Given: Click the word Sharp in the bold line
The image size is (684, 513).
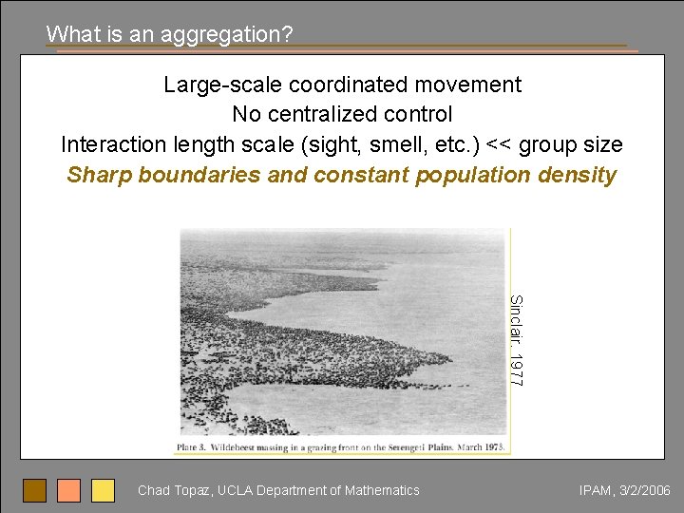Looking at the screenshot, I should tap(98, 176).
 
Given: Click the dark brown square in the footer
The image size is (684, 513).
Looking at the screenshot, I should tap(35, 490).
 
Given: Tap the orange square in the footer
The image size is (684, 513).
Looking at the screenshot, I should tap(69, 490).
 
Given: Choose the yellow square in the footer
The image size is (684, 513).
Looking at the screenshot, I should tap(104, 490).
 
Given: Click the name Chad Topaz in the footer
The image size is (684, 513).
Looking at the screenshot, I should tap(174, 490).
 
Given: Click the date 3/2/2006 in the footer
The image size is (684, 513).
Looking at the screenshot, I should tap(645, 490).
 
